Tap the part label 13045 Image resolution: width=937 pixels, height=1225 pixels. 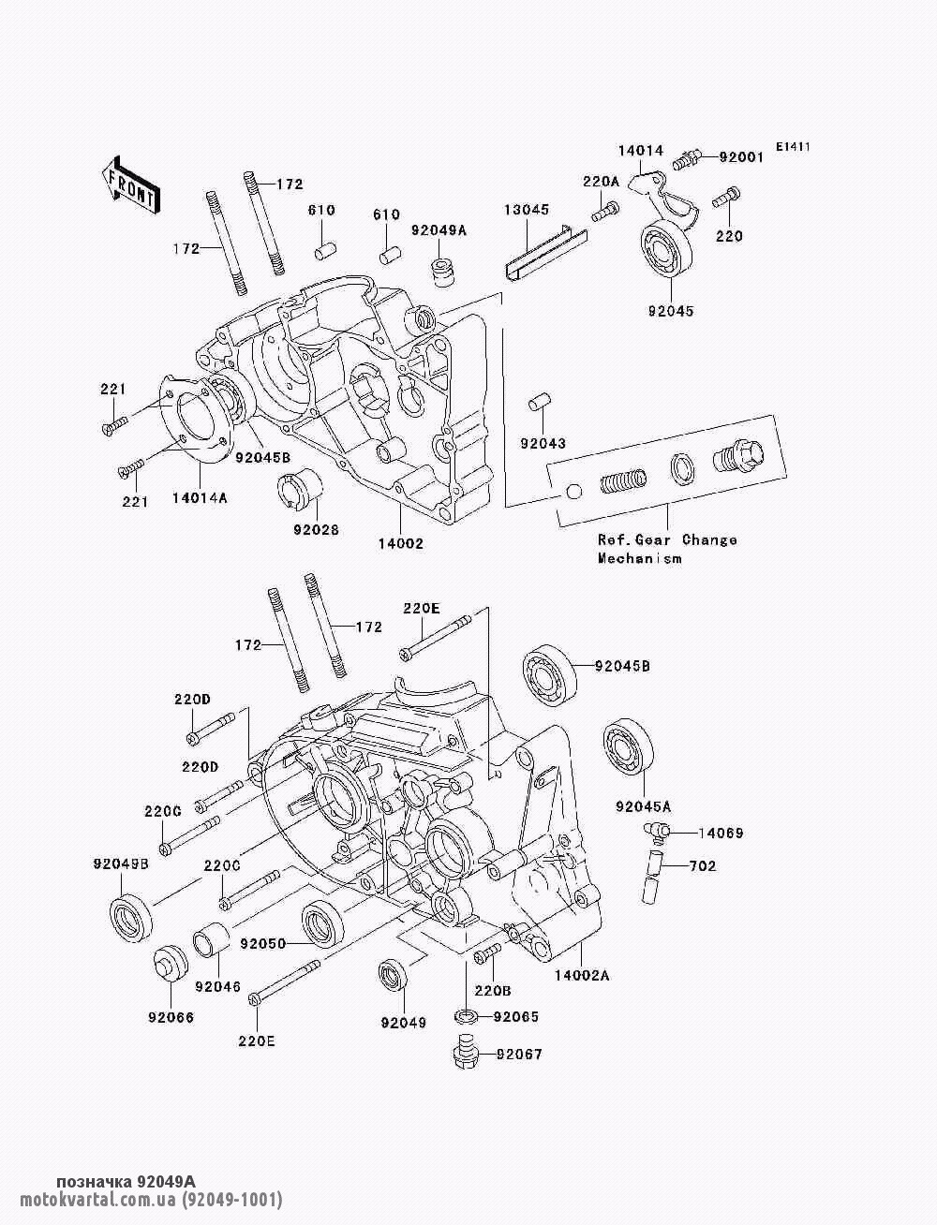click(527, 210)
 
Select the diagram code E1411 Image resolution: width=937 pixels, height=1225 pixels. click(793, 147)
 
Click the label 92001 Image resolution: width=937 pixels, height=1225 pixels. click(740, 157)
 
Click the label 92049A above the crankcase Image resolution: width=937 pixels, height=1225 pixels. click(439, 230)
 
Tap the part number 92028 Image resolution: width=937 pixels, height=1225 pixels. click(316, 529)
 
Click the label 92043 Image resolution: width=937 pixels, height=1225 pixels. click(543, 444)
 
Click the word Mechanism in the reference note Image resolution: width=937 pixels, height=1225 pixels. click(639, 558)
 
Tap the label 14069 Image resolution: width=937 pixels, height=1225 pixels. click(721, 834)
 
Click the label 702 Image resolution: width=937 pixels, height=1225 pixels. click(703, 865)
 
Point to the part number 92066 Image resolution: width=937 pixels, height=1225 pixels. click(171, 1017)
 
